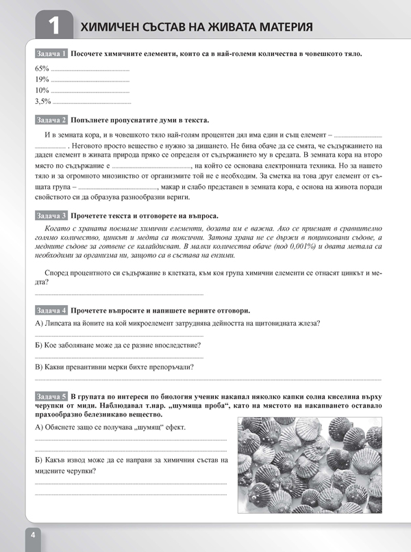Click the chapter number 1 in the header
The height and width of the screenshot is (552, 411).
pyautogui.click(x=53, y=27)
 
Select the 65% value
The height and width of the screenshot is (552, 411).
pyautogui.click(x=42, y=69)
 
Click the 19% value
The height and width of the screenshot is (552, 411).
pyautogui.click(x=42, y=79)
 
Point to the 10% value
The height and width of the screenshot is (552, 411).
pyautogui.click(x=42, y=90)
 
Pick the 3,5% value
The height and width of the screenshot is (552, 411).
pyautogui.click(x=43, y=101)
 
